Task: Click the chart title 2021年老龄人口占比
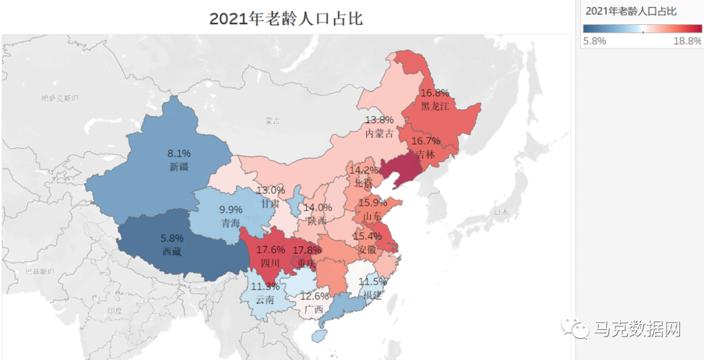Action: [x=286, y=18]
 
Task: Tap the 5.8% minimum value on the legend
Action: [x=594, y=41]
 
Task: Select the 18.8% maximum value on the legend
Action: [x=687, y=41]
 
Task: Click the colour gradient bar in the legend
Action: [x=642, y=29]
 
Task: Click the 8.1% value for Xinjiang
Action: [x=179, y=154]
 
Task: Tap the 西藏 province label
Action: [x=172, y=251]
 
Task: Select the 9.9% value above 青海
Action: [x=231, y=210]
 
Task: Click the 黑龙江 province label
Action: [x=435, y=106]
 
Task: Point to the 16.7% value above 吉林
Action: [x=426, y=141]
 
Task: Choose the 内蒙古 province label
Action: [x=379, y=134]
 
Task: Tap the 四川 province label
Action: [x=270, y=263]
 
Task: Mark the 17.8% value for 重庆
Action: [x=306, y=250]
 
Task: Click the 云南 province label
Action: [x=265, y=300]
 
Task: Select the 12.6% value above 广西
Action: [x=315, y=296]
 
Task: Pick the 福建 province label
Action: [x=372, y=295]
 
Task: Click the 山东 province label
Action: [x=372, y=216]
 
